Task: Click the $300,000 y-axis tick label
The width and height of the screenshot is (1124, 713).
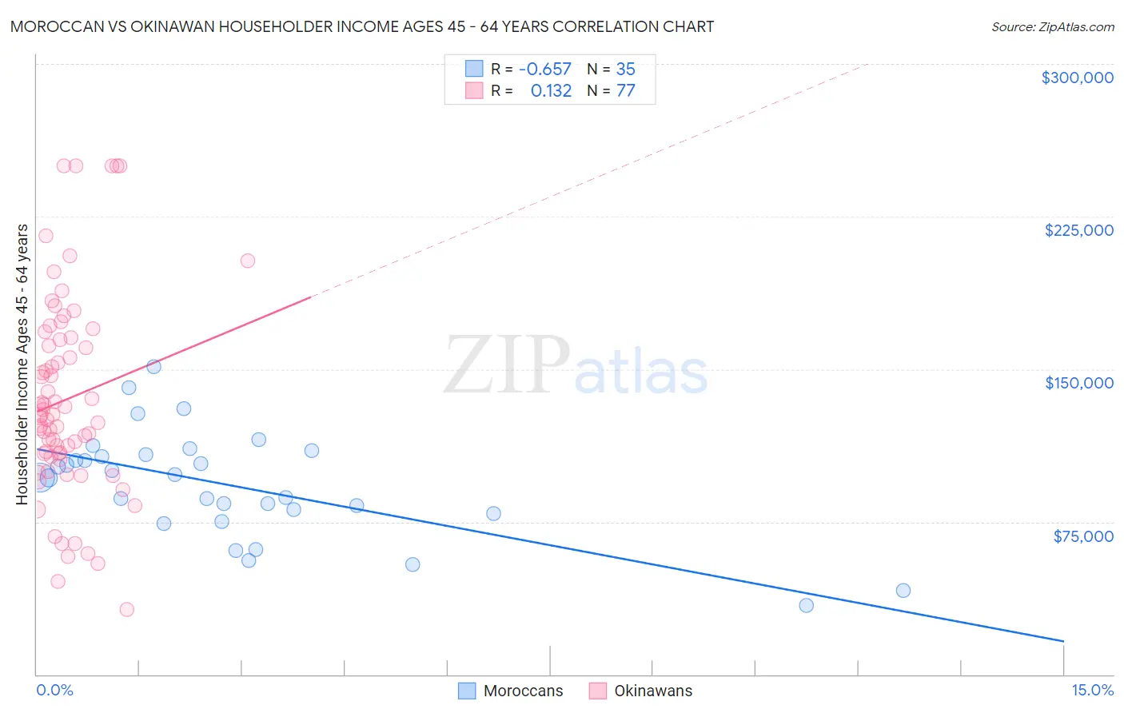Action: [1077, 78]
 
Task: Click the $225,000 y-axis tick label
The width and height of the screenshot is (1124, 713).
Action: [1078, 230]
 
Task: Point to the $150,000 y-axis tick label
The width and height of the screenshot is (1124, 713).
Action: [1078, 383]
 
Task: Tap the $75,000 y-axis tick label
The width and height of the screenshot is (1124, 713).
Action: [1082, 536]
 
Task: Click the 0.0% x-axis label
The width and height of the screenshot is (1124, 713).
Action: [54, 691]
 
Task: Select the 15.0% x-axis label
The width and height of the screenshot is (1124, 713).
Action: [1092, 691]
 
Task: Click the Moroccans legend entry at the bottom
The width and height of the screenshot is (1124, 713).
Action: [511, 691]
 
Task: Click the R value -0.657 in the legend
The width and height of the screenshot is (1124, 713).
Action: [544, 70]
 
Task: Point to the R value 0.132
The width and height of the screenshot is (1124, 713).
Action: [551, 91]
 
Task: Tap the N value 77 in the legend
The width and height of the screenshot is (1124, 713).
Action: [625, 91]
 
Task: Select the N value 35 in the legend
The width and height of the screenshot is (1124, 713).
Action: [625, 70]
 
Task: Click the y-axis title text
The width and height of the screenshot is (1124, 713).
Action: [22, 364]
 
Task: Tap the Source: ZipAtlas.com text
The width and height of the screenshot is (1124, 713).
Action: [1052, 27]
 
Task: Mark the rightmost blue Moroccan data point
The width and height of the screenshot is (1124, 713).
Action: [903, 591]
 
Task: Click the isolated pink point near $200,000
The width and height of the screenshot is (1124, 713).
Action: [248, 261]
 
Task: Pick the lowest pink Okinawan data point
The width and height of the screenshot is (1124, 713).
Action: [126, 610]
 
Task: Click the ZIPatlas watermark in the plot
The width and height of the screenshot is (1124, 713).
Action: [576, 366]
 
